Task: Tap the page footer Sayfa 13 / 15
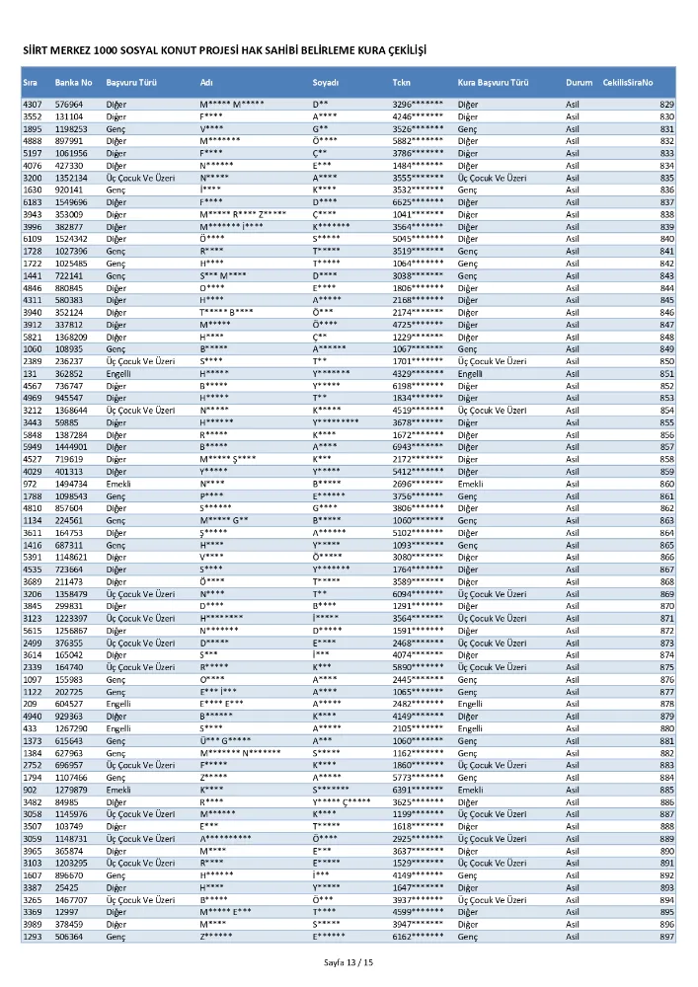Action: coord(349,961)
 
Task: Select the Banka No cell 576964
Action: coord(69,105)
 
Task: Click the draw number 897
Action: coord(666,936)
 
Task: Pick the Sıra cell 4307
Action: coord(32,105)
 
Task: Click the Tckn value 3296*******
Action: coord(418,105)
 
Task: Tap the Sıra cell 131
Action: coord(29,374)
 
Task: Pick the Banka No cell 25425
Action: coord(66,887)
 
